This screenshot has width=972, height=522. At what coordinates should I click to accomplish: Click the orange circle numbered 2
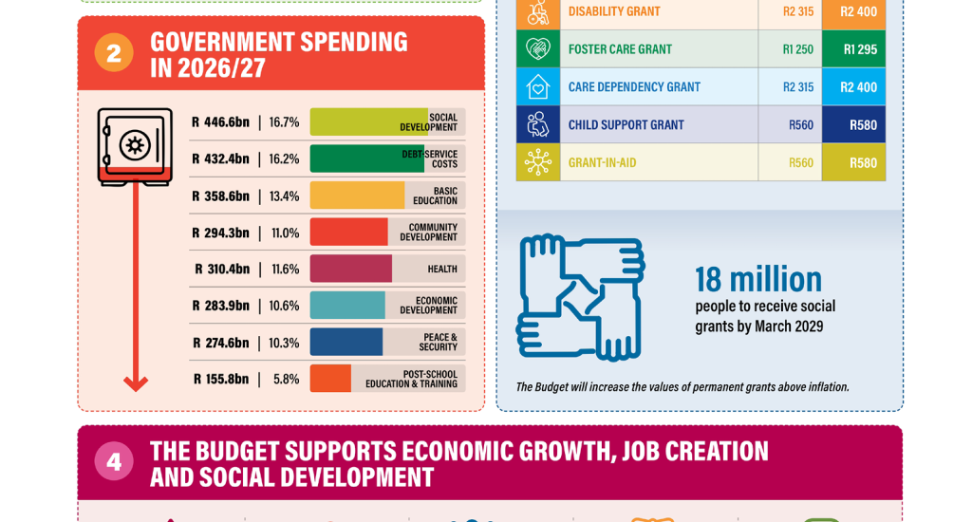pyautogui.click(x=114, y=53)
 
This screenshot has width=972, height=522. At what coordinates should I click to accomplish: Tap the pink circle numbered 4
pyautogui.click(x=114, y=462)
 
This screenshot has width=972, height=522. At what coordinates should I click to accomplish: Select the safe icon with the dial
pyautogui.click(x=134, y=145)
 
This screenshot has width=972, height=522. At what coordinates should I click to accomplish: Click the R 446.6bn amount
pyautogui.click(x=220, y=122)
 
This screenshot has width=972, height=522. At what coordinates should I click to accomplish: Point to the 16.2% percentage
pyautogui.click(x=284, y=158)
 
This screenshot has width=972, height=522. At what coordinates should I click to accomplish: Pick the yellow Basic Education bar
pyautogui.click(x=357, y=196)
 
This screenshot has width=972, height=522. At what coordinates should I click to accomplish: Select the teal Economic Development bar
pyautogui.click(x=347, y=306)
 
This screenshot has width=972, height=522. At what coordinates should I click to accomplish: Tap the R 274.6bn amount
pyautogui.click(x=220, y=343)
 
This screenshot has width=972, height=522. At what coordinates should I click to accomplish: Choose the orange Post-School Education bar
pyautogui.click(x=330, y=379)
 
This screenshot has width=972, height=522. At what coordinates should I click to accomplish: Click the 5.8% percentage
pyautogui.click(x=286, y=379)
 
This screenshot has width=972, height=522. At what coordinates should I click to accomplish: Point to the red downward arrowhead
pyautogui.click(x=136, y=383)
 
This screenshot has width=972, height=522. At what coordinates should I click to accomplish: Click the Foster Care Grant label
pyautogui.click(x=620, y=49)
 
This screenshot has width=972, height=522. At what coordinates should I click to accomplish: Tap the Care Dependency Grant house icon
pyautogui.click(x=538, y=86)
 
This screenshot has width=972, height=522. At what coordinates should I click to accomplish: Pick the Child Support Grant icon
pyautogui.click(x=538, y=124)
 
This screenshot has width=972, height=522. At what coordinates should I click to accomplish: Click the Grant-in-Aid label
pyautogui.click(x=602, y=162)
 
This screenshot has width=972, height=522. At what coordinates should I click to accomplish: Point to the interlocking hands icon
pyautogui.click(x=580, y=297)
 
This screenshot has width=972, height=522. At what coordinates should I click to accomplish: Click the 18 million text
pyautogui.click(x=758, y=280)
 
